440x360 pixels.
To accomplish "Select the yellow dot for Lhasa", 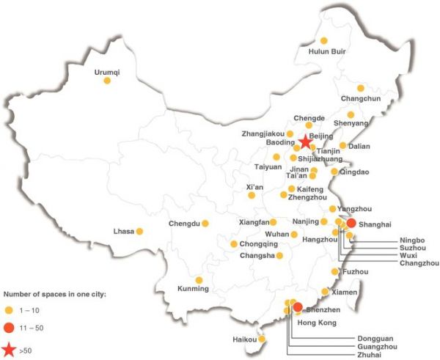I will pyautogui.click(x=139, y=232).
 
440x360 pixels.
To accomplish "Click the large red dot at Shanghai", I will pyautogui.click(x=351, y=224).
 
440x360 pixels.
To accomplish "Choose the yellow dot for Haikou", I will pyautogui.click(x=263, y=339).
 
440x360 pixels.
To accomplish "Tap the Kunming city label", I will pyautogui.click(x=194, y=289).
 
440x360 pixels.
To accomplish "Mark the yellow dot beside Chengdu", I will pyautogui.click(x=205, y=224).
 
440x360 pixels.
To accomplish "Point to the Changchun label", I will pyautogui.click(x=361, y=99).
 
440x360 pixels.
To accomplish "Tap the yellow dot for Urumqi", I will pyautogui.click(x=107, y=81).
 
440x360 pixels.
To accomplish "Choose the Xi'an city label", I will pyautogui.click(x=255, y=187).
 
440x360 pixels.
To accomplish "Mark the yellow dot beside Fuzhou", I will pyautogui.click(x=336, y=272).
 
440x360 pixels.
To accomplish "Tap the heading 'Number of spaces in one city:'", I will pyautogui.click(x=55, y=293).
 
